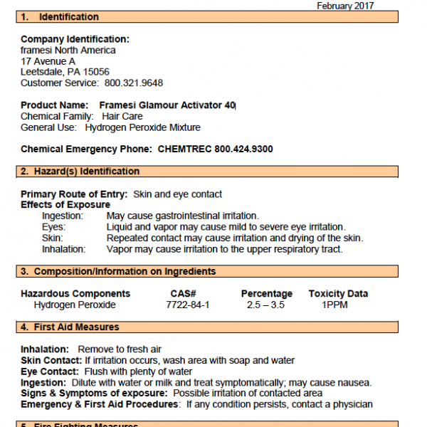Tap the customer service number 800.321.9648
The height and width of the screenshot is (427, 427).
(x=139, y=83)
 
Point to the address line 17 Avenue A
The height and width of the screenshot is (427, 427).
(x=48, y=61)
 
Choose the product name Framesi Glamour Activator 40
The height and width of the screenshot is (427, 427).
(x=167, y=105)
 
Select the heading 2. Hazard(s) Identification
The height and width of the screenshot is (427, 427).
(x=80, y=172)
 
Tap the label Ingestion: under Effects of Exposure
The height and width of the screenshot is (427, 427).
(x=63, y=216)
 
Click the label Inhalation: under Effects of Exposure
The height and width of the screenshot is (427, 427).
(x=64, y=249)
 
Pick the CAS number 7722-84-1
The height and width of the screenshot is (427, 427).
(x=187, y=305)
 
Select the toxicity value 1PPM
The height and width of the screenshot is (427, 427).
(x=336, y=305)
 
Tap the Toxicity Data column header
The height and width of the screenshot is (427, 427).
(x=338, y=293)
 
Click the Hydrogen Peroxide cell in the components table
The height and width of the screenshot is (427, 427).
(x=75, y=305)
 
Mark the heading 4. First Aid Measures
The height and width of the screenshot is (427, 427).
(x=70, y=327)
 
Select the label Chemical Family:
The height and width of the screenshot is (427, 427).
(x=57, y=116)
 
